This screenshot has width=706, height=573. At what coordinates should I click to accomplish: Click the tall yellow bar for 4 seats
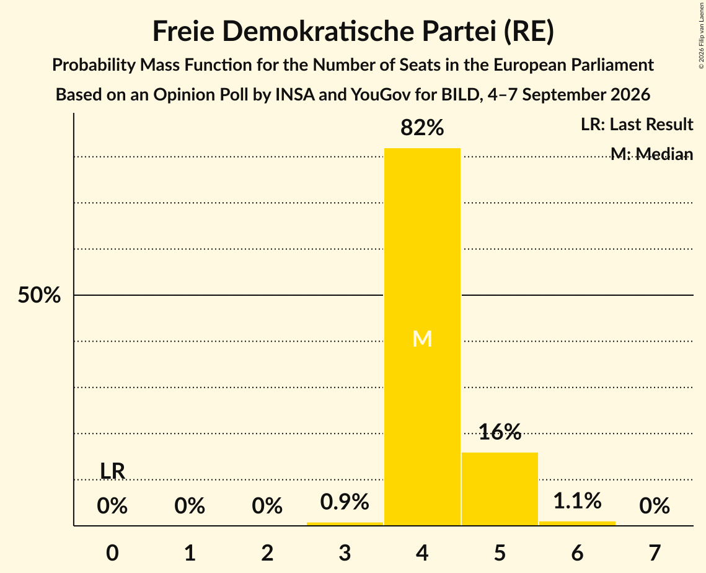click(x=422, y=337)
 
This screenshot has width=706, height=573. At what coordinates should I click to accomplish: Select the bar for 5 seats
click(x=500, y=489)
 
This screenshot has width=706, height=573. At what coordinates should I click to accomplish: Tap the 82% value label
click(x=422, y=128)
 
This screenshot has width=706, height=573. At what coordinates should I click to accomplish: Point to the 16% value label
click(x=500, y=432)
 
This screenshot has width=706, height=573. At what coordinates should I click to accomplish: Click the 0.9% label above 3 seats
click(x=345, y=501)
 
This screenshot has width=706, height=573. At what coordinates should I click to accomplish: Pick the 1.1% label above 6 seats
click(x=577, y=500)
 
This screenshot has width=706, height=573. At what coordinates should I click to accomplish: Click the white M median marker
click(x=422, y=339)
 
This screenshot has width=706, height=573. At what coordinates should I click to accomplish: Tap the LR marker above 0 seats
click(x=112, y=471)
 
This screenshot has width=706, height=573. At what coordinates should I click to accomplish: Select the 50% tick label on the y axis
click(x=39, y=296)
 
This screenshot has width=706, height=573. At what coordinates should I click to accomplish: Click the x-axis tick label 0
click(x=112, y=553)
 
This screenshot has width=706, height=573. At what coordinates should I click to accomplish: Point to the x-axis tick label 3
click(x=345, y=553)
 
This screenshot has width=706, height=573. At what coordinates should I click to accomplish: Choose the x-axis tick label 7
click(x=655, y=553)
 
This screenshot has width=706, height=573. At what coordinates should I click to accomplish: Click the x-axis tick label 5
click(x=500, y=553)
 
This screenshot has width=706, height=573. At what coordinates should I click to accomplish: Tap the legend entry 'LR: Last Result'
click(x=637, y=124)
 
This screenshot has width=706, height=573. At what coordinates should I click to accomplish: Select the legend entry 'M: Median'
click(x=652, y=154)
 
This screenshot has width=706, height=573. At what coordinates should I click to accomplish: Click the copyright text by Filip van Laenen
click(x=701, y=35)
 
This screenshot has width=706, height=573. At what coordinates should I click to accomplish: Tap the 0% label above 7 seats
click(x=655, y=506)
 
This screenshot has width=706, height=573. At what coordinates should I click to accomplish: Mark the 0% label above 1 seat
click(x=190, y=506)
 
